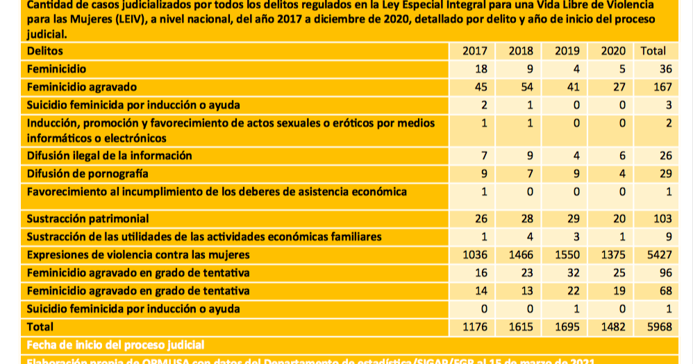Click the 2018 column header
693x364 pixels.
(521, 51)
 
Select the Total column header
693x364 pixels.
(653, 51)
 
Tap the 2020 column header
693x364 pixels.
(612, 51)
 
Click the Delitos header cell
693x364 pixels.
(45, 51)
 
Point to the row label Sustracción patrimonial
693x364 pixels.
(87, 218)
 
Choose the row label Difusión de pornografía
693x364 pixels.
(87, 173)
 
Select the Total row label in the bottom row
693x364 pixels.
(40, 326)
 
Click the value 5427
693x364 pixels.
(659, 254)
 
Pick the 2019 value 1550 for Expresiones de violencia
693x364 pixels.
(567, 254)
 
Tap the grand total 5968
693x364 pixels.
(659, 326)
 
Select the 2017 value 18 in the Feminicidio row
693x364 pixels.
(481, 69)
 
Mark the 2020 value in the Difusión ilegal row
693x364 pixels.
(622, 155)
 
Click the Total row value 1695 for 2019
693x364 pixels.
(567, 326)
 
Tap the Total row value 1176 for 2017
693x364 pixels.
(475, 326)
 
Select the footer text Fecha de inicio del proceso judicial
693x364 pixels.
(115, 345)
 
